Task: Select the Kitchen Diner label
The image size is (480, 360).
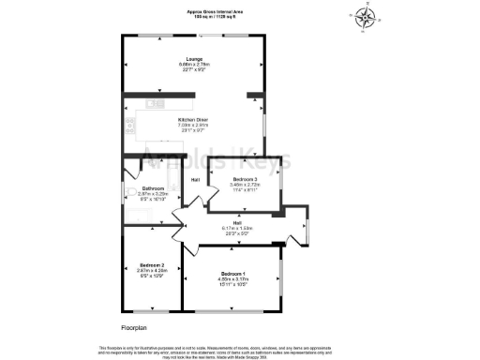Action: [x=192, y=119]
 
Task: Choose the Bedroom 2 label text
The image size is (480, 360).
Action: [x=151, y=265]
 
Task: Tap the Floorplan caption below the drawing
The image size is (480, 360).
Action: [x=135, y=327]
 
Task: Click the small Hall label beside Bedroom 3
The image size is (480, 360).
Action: [x=196, y=180]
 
